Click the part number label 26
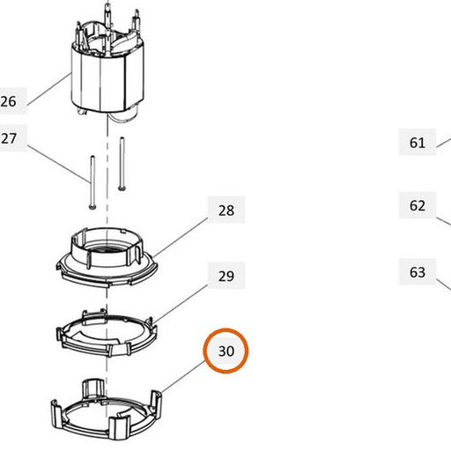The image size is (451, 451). (9, 101)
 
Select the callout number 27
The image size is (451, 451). (9, 138)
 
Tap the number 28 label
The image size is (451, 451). (226, 211)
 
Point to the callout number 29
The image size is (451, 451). (226, 277)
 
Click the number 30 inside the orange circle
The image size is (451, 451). (226, 351)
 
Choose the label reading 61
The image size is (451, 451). (418, 143)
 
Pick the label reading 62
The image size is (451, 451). (418, 205)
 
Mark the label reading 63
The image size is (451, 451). (418, 272)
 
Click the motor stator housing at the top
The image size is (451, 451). (107, 68)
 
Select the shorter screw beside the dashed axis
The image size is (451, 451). (122, 164)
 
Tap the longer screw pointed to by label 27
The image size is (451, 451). (92, 182)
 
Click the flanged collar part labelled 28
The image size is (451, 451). (107, 256)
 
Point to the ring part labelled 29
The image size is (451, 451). (107, 332)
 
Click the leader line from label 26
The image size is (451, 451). (49, 90)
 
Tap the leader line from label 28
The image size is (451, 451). (181, 237)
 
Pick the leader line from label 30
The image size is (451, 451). (182, 377)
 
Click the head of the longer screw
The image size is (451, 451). (92, 207)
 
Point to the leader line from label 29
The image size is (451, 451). (181, 304)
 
